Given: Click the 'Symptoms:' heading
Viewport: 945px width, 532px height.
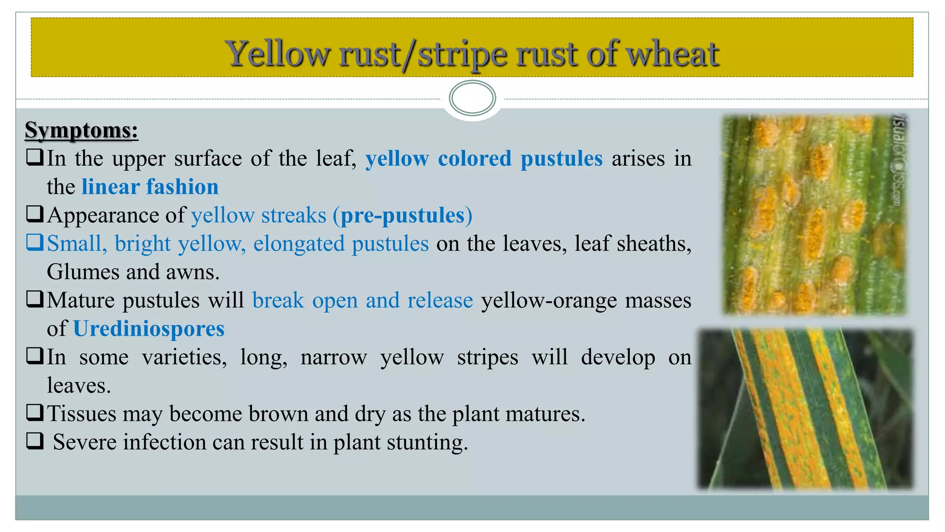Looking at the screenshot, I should pos(81,130).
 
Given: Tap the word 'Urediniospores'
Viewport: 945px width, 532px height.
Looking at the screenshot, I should pos(149,329).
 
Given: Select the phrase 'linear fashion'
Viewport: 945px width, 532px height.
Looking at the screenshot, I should pos(150,187).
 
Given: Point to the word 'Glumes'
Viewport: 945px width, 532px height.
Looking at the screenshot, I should pos(84,272).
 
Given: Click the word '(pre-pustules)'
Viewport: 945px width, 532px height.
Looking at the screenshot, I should pos(402,216).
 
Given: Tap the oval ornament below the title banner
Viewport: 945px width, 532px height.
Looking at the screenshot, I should pos(472,98).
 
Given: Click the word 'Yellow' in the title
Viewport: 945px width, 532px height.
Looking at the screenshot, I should pos(277,54).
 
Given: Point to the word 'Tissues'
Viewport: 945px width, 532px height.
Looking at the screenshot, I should pos(82,414).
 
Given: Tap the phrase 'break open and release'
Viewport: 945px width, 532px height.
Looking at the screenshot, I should pos(362,301).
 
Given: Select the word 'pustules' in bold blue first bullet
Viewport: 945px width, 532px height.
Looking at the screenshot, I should pos(561,159).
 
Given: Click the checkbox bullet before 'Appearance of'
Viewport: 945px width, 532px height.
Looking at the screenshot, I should pos(35,214).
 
